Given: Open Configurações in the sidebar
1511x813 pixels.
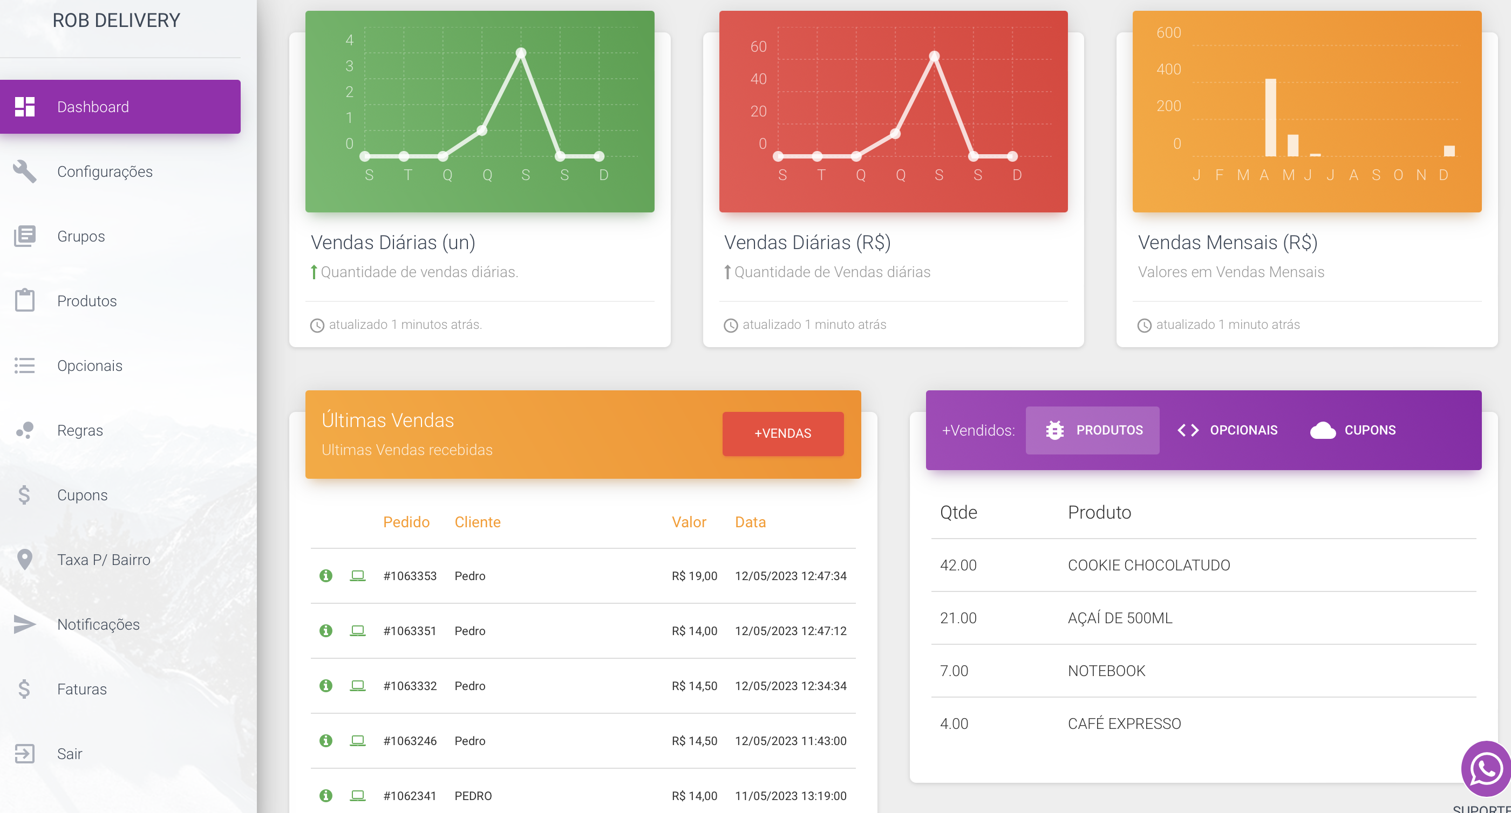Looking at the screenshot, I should point(104,172).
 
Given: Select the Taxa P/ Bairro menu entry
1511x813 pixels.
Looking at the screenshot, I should point(103,560).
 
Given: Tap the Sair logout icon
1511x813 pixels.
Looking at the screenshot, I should point(25,754).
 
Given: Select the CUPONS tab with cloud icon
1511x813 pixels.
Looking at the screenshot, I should point(1353,430).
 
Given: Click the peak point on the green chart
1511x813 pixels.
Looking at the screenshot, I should point(521,53).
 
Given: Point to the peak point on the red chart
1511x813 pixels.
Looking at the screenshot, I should point(935,56).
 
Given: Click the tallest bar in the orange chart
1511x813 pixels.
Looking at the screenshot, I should point(1270,117).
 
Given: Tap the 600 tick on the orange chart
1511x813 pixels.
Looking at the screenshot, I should point(1168,33).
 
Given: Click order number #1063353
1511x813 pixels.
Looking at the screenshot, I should point(410,576).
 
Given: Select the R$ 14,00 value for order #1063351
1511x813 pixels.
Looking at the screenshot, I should point(695,631).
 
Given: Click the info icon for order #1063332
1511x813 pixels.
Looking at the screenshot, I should point(326,686).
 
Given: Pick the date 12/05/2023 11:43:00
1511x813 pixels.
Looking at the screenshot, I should point(791,741).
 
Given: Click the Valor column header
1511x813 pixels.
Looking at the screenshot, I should point(689,522).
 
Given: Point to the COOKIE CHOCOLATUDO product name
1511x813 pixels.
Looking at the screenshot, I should point(1148,565).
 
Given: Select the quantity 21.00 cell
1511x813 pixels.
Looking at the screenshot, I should point(958,618).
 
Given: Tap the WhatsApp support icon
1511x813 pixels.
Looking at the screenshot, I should point(1486,769).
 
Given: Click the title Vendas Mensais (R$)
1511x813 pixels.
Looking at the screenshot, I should point(1227,243).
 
